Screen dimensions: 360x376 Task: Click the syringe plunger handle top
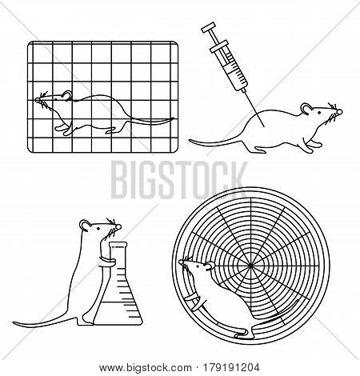(209, 28)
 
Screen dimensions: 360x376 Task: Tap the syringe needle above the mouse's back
(254, 108)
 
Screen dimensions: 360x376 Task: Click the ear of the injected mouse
(306, 109)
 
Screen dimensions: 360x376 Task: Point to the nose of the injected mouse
(339, 112)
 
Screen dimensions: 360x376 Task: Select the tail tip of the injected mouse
(190, 140)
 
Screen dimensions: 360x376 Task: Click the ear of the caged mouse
(67, 95)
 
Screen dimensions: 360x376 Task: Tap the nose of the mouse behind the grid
(38, 100)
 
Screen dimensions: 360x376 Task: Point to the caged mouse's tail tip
(173, 118)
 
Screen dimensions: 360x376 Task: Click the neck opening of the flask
(118, 244)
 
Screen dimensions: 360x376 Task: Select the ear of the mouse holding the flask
(86, 226)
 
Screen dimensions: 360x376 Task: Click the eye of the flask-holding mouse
(98, 229)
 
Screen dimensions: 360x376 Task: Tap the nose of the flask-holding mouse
(118, 227)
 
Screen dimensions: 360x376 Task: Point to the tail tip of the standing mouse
(14, 323)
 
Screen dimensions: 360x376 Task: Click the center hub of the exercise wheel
(250, 266)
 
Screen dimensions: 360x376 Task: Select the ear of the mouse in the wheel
(210, 266)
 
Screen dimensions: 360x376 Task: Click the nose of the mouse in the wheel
(181, 262)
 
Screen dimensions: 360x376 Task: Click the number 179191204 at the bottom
(230, 368)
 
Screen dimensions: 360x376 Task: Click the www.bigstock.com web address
(146, 368)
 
